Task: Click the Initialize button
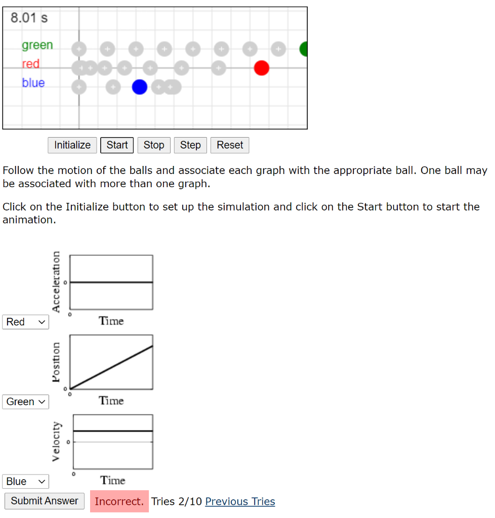(x=72, y=145)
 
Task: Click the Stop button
(x=153, y=145)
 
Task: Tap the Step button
(x=190, y=145)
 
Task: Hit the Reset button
(x=230, y=145)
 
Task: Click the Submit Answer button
(x=45, y=501)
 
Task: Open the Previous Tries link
(x=240, y=501)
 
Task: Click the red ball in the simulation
(x=261, y=68)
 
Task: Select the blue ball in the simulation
(x=140, y=87)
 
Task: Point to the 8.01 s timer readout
(x=29, y=18)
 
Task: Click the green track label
(x=37, y=45)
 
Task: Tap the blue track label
(x=33, y=83)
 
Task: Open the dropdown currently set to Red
(x=25, y=322)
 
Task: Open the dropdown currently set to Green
(x=25, y=402)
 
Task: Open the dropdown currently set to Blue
(x=25, y=481)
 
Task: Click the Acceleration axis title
(x=56, y=281)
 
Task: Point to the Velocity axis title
(x=56, y=441)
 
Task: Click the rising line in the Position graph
(x=111, y=367)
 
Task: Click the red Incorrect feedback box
(x=119, y=501)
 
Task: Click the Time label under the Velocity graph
(x=112, y=480)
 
